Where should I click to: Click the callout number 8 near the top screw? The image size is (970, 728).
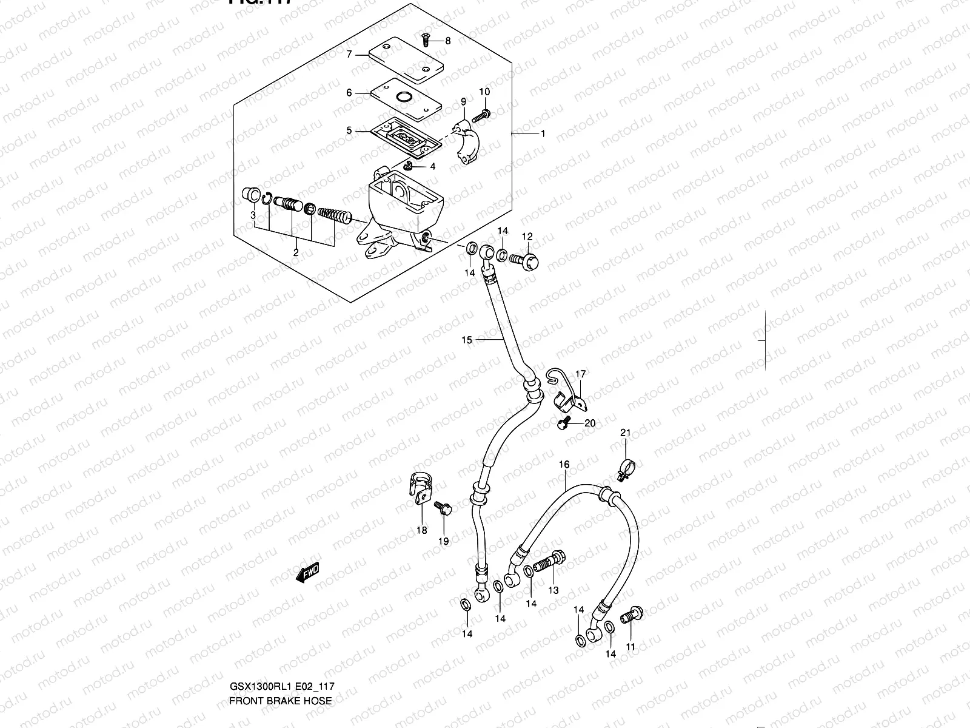tap(448, 41)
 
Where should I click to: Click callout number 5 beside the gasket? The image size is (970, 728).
tap(349, 130)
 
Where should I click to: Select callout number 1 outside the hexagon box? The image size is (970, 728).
tap(543, 133)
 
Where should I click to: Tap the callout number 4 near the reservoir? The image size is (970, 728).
tap(432, 166)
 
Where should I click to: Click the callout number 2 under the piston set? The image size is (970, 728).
tap(296, 253)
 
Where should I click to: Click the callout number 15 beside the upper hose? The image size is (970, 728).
tap(466, 340)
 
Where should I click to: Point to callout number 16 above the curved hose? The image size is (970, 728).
tap(564, 465)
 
